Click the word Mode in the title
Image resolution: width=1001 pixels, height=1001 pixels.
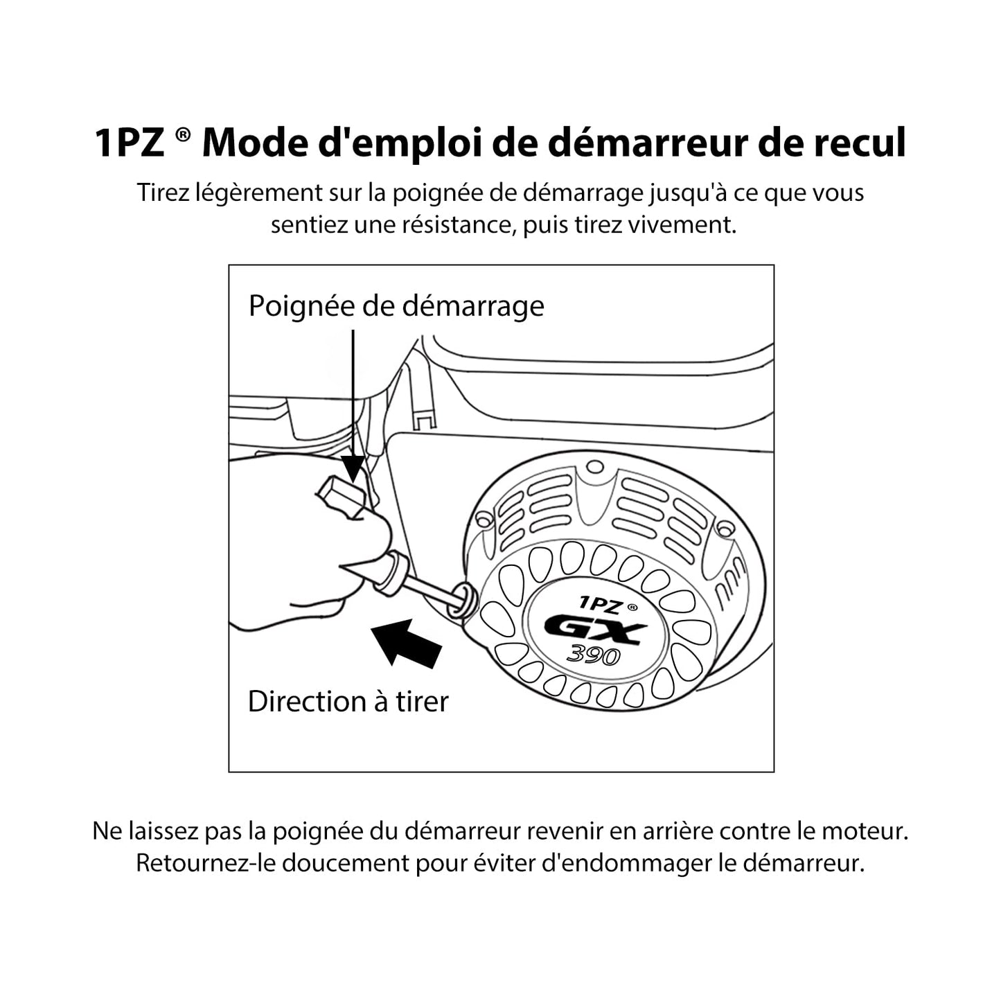coord(255,143)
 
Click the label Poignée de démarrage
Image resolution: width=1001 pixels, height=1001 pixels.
coord(396,306)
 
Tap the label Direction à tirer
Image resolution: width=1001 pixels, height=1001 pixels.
coord(348,701)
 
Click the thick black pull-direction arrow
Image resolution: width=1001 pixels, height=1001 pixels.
coord(406,643)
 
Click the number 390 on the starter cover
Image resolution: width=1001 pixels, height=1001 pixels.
coord(594,655)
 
